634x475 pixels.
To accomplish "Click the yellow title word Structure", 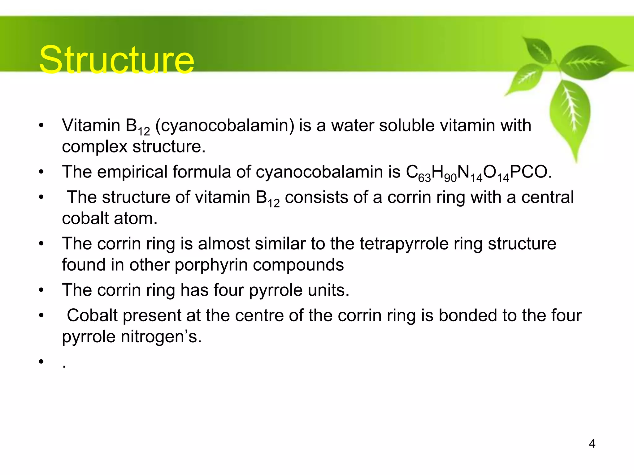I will (x=116, y=59).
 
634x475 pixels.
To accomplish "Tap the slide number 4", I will (x=592, y=444).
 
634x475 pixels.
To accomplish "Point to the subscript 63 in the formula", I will (x=424, y=178).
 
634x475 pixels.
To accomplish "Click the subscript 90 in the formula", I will (x=450, y=178).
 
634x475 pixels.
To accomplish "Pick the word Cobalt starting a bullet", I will (x=93, y=315).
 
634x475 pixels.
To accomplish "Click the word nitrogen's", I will (x=161, y=337).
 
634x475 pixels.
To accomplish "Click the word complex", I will (x=94, y=147).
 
